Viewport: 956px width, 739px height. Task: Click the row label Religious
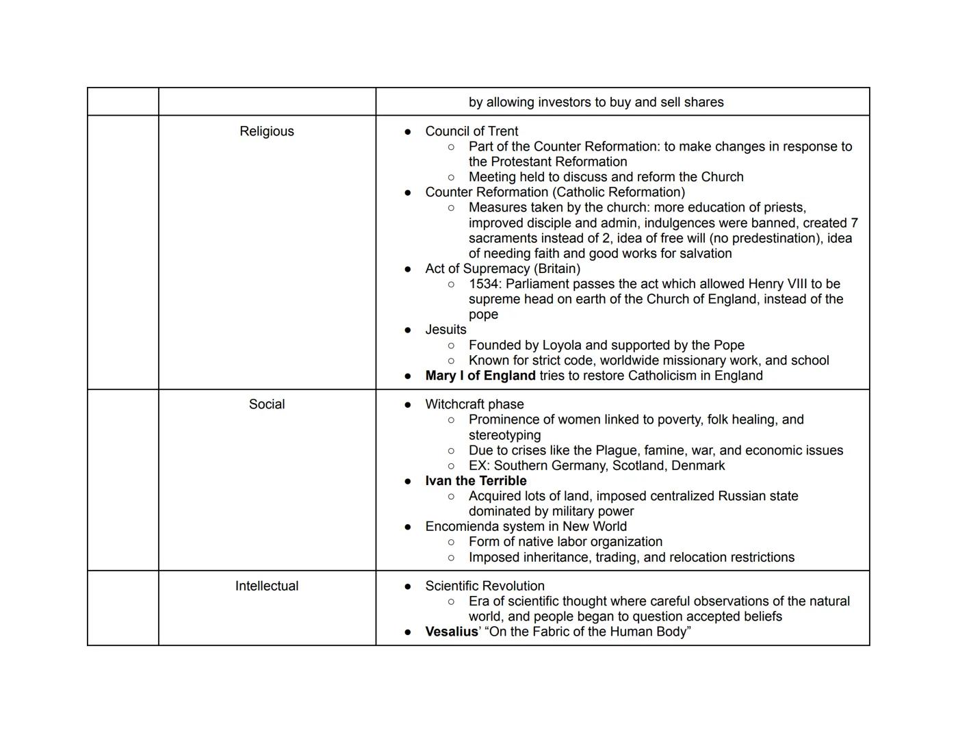pyautogui.click(x=266, y=131)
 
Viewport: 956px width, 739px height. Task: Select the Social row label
pyautogui.click(x=266, y=404)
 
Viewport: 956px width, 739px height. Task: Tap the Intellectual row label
pyautogui.click(x=266, y=586)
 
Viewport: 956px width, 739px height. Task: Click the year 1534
pyautogui.click(x=484, y=284)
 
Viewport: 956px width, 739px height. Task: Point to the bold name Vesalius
pyautogui.click(x=451, y=632)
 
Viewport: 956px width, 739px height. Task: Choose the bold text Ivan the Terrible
pyautogui.click(x=476, y=481)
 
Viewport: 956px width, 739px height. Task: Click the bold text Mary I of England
pyautogui.click(x=480, y=376)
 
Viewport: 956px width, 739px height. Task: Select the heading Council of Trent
pyautogui.click(x=471, y=131)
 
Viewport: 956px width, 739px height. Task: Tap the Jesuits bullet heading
pyautogui.click(x=445, y=330)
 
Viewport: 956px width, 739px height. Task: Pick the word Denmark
pyautogui.click(x=697, y=466)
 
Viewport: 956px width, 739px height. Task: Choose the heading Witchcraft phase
pyautogui.click(x=474, y=404)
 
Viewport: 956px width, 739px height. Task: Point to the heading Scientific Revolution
pyautogui.click(x=485, y=586)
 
